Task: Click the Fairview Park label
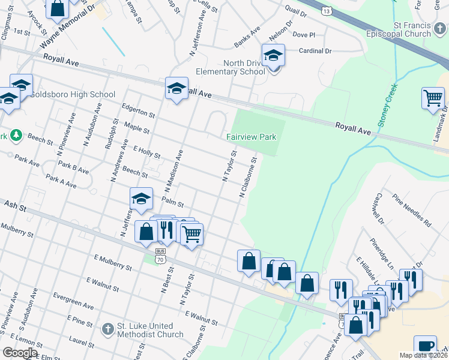(x=251, y=137)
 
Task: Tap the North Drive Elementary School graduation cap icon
(x=273, y=56)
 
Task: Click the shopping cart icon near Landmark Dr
(x=433, y=97)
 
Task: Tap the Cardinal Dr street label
(x=315, y=51)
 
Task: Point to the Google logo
(x=20, y=353)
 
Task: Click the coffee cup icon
(x=425, y=346)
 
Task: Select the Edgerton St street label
(x=138, y=111)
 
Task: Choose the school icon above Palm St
(x=141, y=199)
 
